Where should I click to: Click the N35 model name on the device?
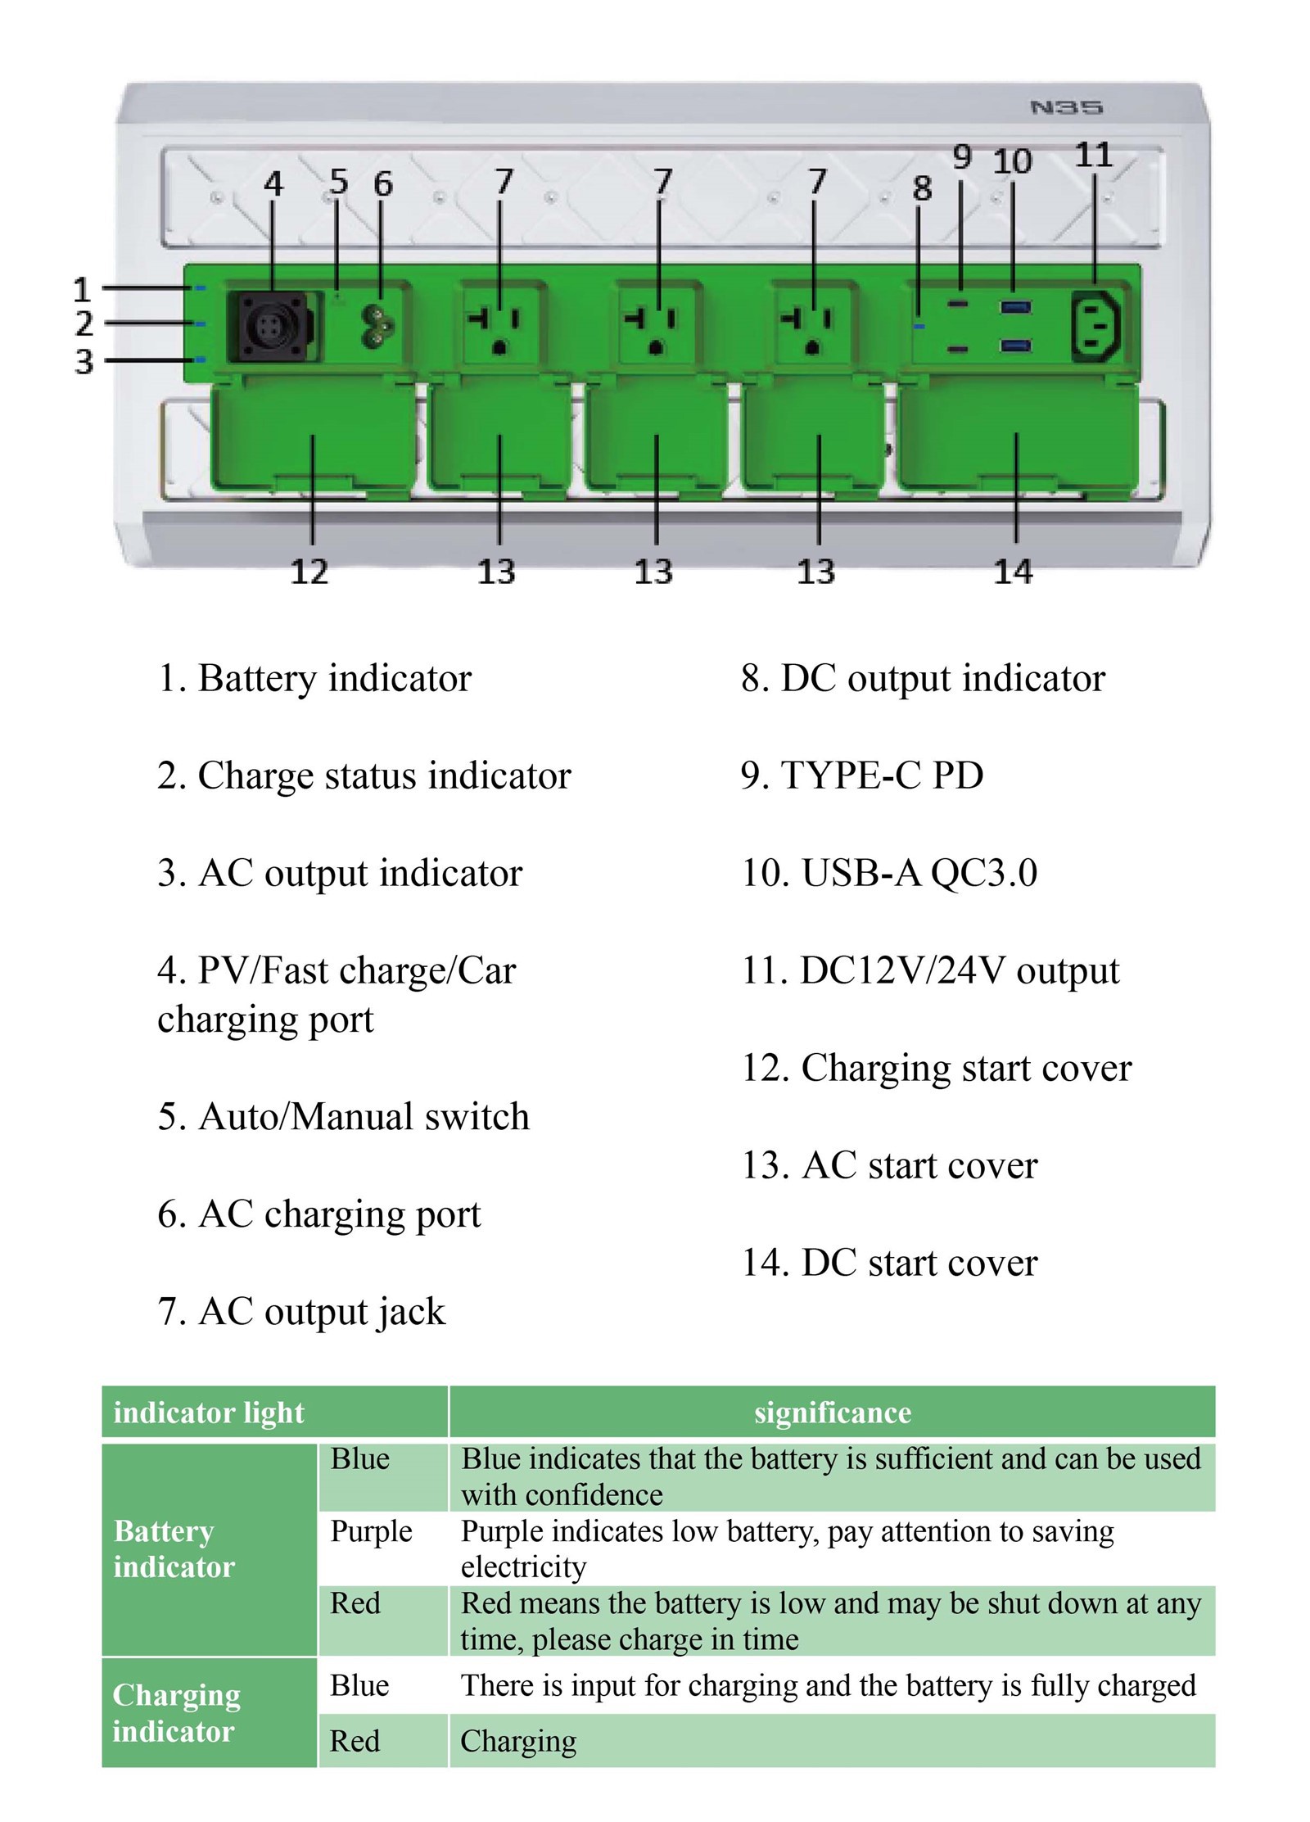(x=1066, y=107)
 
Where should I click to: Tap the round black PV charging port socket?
(x=270, y=327)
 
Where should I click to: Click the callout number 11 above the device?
(x=1093, y=155)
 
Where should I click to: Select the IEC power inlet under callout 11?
(x=1097, y=327)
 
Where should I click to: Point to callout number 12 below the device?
(x=309, y=572)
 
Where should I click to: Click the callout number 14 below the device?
(x=1014, y=572)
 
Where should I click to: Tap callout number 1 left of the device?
(x=82, y=289)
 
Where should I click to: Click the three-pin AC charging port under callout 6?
(x=379, y=326)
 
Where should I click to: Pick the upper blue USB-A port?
(x=1015, y=308)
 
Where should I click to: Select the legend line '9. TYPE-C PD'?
(x=861, y=775)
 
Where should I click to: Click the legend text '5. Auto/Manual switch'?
(x=343, y=1116)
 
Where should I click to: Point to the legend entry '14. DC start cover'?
(x=888, y=1262)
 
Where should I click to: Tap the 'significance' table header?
(x=832, y=1413)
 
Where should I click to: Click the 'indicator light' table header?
(x=209, y=1413)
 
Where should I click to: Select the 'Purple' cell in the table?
(x=371, y=1530)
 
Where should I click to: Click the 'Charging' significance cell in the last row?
(x=518, y=1741)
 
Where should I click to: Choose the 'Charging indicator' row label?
(x=176, y=1713)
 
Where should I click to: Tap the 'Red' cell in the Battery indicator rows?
(x=355, y=1603)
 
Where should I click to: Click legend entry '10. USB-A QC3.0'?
(x=888, y=872)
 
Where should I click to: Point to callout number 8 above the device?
(x=922, y=188)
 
